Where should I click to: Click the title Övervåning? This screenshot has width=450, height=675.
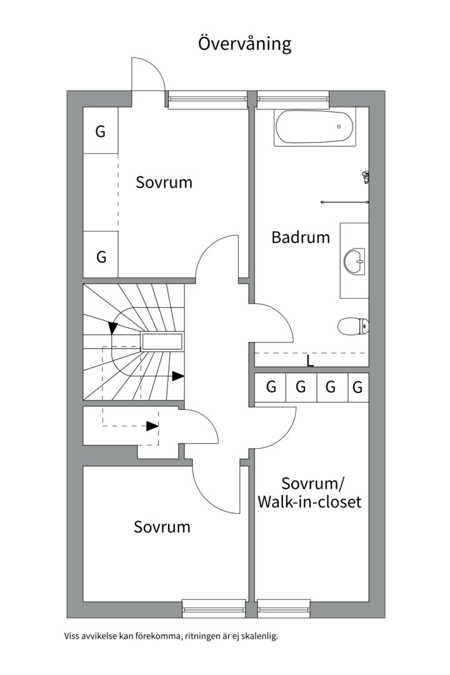[245, 44]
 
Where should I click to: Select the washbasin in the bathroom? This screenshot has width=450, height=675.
[354, 261]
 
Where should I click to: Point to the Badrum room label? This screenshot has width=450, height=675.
[301, 237]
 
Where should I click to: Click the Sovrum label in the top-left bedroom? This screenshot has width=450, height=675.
[164, 182]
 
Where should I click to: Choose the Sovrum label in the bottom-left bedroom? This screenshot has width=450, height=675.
[162, 527]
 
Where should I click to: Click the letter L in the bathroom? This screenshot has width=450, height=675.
[310, 361]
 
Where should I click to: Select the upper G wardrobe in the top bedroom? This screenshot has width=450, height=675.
[100, 132]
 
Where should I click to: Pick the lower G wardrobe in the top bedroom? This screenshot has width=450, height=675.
[101, 256]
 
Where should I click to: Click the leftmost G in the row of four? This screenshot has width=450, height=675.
[271, 387]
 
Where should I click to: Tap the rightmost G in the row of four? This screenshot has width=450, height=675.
[357, 387]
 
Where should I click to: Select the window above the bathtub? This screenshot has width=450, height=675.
[292, 98]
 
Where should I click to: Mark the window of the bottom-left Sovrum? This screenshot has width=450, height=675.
[214, 608]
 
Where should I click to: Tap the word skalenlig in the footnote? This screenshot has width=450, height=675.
[257, 637]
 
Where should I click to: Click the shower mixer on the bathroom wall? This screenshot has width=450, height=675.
[366, 176]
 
